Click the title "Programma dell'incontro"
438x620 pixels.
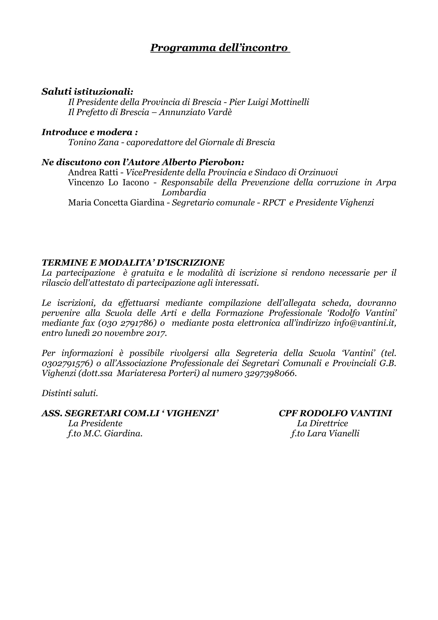coord(220,48)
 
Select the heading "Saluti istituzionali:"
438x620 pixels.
coord(87,92)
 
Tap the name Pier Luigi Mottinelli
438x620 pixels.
coord(269,102)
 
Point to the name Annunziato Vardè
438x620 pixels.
coord(195,112)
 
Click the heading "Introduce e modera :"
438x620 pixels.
coord(90,132)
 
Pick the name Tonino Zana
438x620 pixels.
coord(93,142)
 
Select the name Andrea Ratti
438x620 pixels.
coord(93,172)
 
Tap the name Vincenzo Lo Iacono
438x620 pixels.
coord(108,183)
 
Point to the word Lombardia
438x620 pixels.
coord(184,192)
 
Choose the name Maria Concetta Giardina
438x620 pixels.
coord(116,203)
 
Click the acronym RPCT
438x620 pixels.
coord(273,203)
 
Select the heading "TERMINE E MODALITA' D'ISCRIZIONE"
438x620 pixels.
coord(133,263)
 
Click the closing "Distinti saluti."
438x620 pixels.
coord(70,393)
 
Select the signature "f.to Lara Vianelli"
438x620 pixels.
coord(325,434)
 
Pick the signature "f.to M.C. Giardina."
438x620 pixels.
coord(105,434)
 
